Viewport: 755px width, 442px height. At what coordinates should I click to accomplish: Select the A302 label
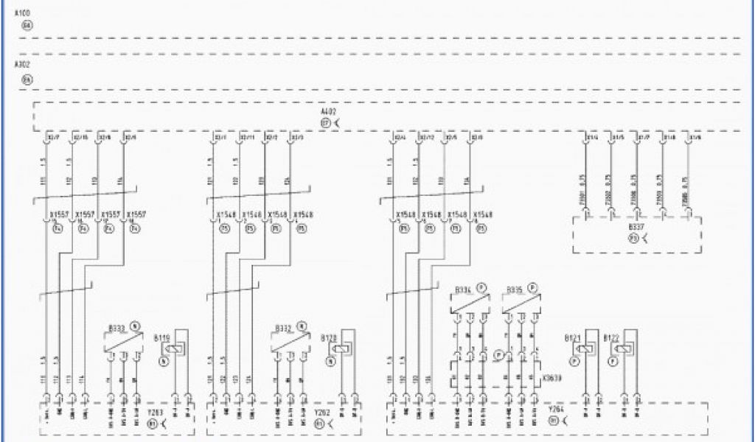tap(22, 65)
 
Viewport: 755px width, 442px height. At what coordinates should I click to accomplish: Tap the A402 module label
tap(328, 112)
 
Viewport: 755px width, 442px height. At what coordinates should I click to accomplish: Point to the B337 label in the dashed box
tap(636, 228)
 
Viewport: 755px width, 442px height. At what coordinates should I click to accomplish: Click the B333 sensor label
tap(116, 326)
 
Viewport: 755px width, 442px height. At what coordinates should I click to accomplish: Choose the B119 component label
tap(161, 337)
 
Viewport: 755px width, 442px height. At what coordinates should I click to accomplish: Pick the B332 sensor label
tap(283, 326)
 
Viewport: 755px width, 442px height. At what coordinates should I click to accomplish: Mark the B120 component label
tap(329, 337)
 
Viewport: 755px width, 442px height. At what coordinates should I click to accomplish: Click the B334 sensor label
tap(463, 290)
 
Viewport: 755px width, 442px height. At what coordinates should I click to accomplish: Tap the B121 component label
tap(572, 337)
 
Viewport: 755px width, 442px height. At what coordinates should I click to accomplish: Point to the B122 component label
tap(611, 337)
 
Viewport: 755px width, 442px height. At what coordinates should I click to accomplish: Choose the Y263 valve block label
tap(156, 413)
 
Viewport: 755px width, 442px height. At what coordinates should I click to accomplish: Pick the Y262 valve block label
tap(321, 413)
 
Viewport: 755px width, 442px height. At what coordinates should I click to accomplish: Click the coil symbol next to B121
tap(583, 349)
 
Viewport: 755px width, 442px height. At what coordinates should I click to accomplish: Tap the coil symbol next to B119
tap(173, 349)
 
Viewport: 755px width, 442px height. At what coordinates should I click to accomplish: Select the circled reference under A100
tap(27, 25)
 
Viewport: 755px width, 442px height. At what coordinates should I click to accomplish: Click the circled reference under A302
tap(27, 78)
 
